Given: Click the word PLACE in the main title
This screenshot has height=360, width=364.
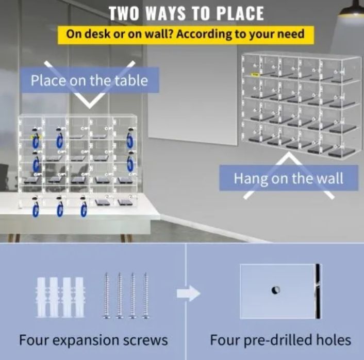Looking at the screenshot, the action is pos(240,13).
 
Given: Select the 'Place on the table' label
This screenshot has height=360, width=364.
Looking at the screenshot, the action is pos(89,80).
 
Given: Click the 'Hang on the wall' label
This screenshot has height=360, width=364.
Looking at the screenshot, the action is pos(288,178).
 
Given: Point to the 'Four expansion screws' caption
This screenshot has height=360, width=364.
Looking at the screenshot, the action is pos(93,340).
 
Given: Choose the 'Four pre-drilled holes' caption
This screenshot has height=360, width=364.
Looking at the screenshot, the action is pos(280,340).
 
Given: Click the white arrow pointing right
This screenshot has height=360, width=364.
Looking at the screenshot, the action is pos(189,294).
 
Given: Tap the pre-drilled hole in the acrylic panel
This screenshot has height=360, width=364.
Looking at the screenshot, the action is pos(275,290).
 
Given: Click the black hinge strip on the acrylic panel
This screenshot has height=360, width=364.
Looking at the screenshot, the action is pos(318,291).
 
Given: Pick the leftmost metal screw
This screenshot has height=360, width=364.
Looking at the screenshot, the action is pos(106,296).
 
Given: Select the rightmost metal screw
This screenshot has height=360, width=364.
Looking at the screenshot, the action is pos(146,296).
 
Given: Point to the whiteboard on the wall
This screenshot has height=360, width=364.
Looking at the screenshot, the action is pos(192,95).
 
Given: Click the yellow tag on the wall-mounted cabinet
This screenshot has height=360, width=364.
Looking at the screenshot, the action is pos(255,75).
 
